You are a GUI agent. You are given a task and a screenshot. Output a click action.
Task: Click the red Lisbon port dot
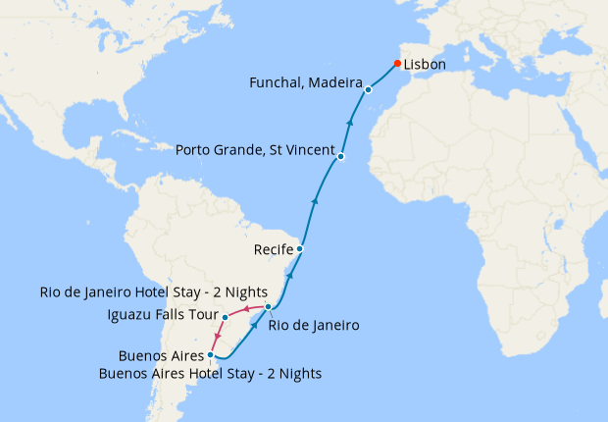click(397, 64)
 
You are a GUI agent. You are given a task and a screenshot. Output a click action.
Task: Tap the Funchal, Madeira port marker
click(368, 90)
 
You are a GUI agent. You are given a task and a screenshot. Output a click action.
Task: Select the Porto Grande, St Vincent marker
click(340, 157)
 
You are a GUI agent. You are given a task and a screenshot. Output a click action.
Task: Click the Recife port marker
click(299, 249)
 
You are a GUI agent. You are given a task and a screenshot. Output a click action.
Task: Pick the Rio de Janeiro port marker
click(268, 307)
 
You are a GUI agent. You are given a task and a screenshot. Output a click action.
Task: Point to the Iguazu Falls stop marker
click(226, 317)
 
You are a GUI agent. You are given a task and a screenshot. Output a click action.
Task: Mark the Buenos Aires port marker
click(211, 355)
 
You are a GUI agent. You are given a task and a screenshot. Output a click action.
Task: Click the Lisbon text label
click(425, 65)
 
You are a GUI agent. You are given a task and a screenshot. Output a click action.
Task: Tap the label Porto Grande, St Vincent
click(254, 151)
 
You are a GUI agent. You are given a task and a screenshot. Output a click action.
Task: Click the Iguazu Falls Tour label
click(162, 315)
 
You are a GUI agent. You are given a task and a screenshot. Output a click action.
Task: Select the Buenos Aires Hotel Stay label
click(210, 374)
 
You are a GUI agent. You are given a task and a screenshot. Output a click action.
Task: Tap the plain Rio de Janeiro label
click(314, 325)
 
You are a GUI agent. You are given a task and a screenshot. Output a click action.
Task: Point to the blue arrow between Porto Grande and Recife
click(314, 200)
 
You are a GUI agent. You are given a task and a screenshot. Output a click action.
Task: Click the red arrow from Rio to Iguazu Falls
click(245, 310)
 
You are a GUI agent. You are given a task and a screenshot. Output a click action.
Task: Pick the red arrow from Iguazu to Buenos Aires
click(216, 339)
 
